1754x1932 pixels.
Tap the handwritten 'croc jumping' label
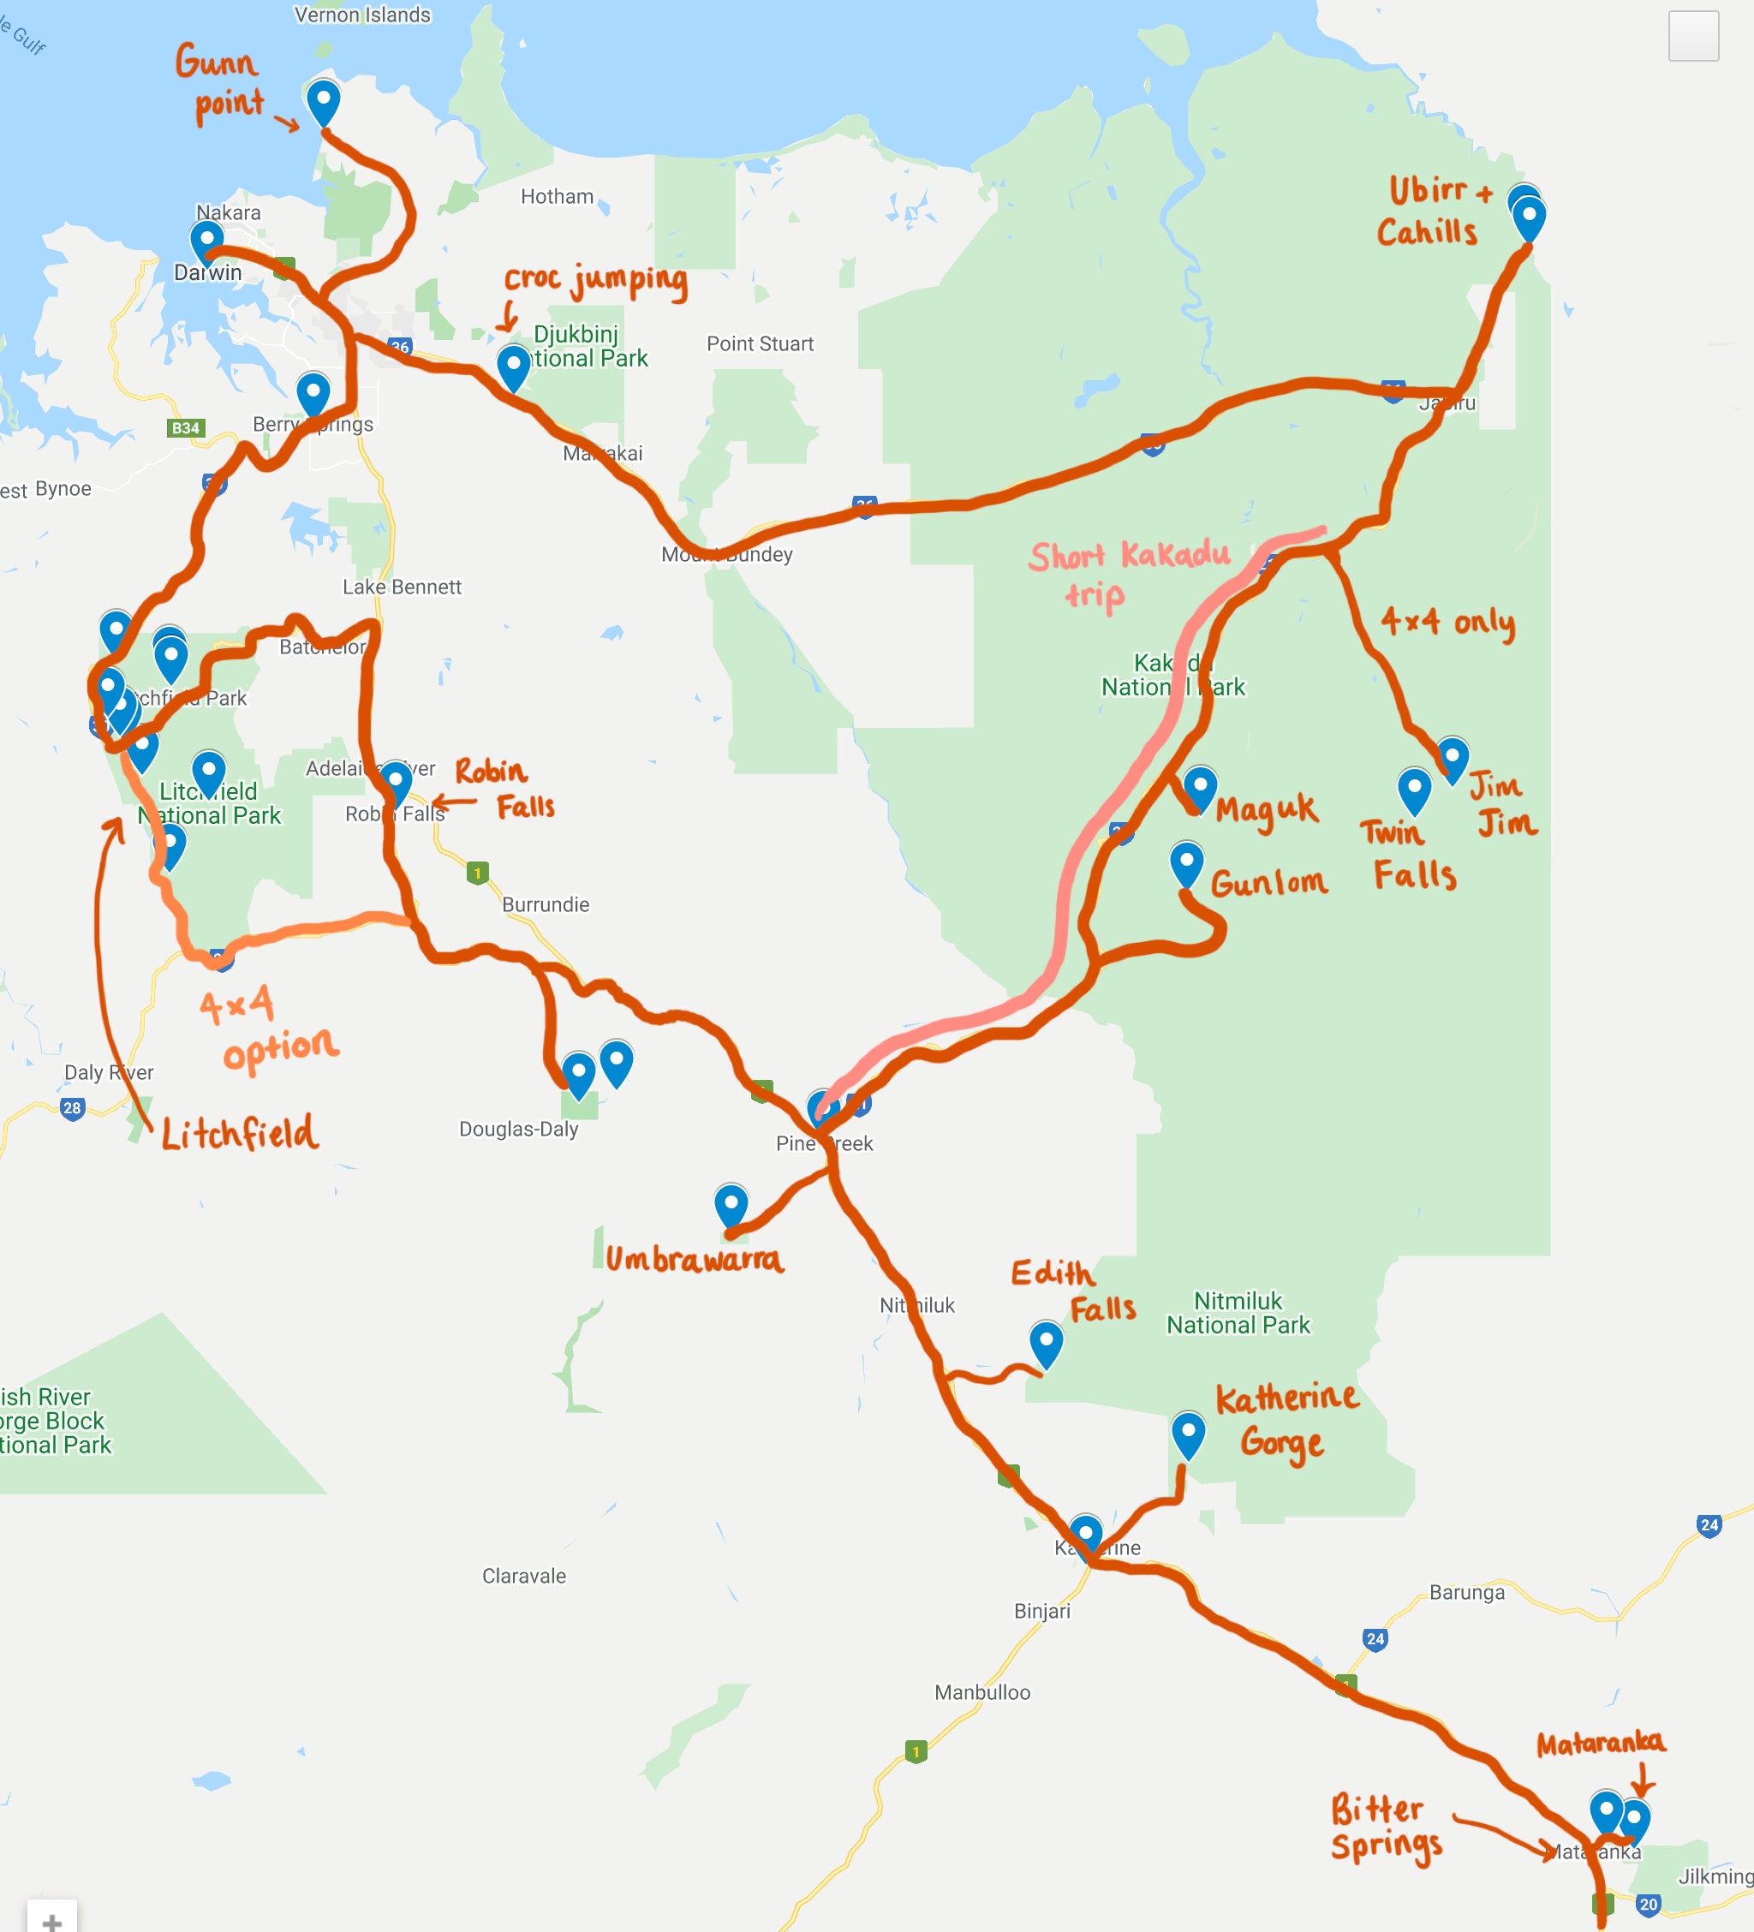pyautogui.click(x=595, y=280)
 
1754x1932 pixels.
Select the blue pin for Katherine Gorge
pyautogui.click(x=1188, y=1433)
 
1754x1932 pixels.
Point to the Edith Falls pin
pyautogui.click(x=1046, y=1342)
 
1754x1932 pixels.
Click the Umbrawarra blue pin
pyautogui.click(x=731, y=1204)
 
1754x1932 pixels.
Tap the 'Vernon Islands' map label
pyautogui.click(x=362, y=15)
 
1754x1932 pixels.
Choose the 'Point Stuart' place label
pyautogui.click(x=759, y=344)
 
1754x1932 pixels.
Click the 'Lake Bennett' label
pyautogui.click(x=402, y=587)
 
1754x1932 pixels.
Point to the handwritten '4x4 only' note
pyautogui.click(x=1447, y=623)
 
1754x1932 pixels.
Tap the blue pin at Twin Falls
pyautogui.click(x=1414, y=789)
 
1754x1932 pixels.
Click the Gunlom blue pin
pyautogui.click(x=1186, y=862)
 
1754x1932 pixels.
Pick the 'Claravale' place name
pyautogui.click(x=523, y=1576)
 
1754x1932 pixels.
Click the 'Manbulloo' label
pyautogui.click(x=982, y=1692)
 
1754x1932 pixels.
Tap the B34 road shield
pyautogui.click(x=185, y=428)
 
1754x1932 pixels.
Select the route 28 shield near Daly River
pyautogui.click(x=72, y=1109)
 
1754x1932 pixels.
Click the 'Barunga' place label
pyautogui.click(x=1466, y=1592)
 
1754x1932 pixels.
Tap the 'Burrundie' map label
pyautogui.click(x=546, y=904)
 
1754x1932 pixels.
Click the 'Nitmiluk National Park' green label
pyautogui.click(x=1238, y=1313)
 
